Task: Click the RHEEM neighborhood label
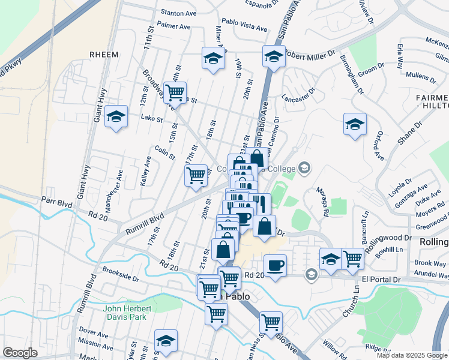point(105,53)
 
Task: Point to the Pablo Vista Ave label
point(244,28)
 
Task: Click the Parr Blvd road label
point(56,204)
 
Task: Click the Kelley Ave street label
point(145,171)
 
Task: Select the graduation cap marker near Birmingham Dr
point(355,124)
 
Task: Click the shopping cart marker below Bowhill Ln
point(352,259)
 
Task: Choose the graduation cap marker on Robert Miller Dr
point(274,57)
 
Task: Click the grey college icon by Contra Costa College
point(306,167)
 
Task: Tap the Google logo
point(20,353)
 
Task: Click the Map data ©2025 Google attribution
point(412,355)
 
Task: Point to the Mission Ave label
point(92,344)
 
